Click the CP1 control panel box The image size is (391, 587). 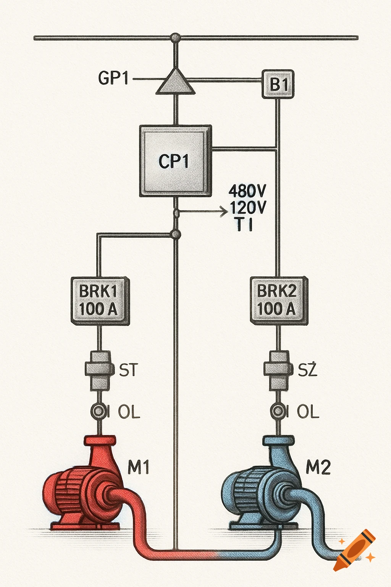[x=175, y=161]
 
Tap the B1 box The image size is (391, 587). [x=278, y=84]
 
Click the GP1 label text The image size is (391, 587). [x=113, y=78]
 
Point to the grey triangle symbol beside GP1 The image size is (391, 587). [x=176, y=83]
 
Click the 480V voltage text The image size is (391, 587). [x=247, y=190]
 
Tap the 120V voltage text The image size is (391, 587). [x=248, y=208]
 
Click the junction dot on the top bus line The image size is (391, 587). [x=175, y=37]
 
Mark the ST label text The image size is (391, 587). [x=128, y=370]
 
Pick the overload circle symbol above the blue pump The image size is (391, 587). [x=278, y=412]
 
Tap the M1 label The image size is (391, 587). [x=138, y=467]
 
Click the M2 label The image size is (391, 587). [x=318, y=467]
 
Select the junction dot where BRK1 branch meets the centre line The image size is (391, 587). [x=176, y=234]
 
